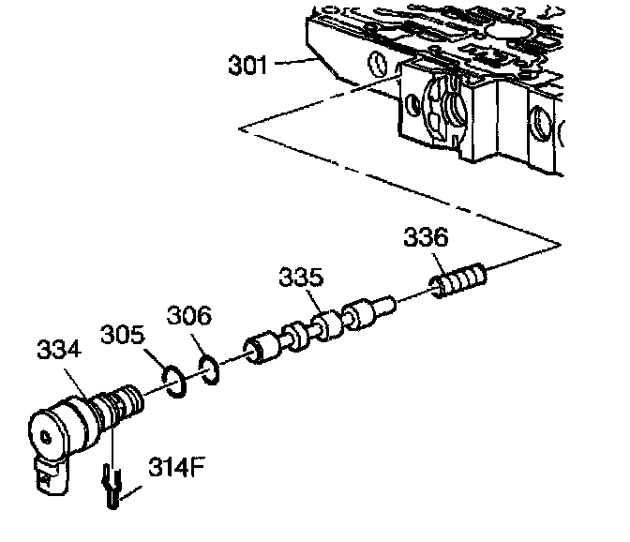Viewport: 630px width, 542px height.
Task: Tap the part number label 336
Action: coord(427,237)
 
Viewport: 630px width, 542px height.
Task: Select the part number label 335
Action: coord(300,279)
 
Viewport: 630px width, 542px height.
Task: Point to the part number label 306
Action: coord(190,316)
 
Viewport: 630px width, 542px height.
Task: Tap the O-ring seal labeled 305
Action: coord(170,378)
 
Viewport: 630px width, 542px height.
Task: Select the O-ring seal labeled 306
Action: coord(210,369)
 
